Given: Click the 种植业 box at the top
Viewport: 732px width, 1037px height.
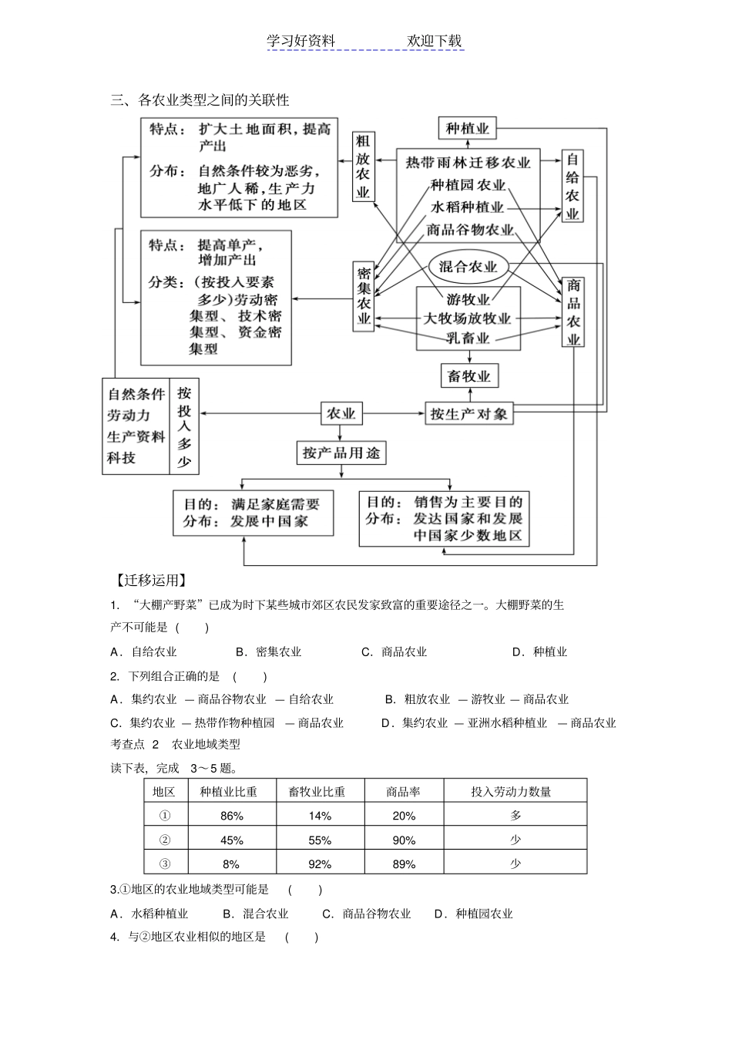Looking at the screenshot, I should click(x=468, y=129).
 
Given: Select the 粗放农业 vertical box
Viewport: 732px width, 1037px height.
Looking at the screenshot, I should click(x=363, y=166).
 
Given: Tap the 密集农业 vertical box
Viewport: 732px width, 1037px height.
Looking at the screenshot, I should click(x=364, y=296).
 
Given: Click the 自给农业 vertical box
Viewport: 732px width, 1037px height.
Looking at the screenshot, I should click(x=573, y=186).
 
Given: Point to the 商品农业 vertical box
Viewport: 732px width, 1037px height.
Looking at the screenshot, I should click(x=573, y=312).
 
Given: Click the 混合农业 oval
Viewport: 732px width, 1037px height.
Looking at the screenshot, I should click(x=468, y=267).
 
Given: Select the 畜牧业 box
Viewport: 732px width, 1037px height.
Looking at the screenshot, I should click(x=468, y=376).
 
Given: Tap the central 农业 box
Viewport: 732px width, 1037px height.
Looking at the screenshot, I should click(x=341, y=414).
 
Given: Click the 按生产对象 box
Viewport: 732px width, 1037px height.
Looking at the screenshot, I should click(x=468, y=414).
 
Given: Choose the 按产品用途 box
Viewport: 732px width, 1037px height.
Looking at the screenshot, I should click(x=341, y=453).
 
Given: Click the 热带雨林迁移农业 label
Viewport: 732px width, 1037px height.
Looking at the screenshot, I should click(x=468, y=163).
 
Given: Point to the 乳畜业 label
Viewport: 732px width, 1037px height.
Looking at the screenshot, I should click(x=468, y=338).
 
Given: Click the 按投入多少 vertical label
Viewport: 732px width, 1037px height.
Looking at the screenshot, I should click(x=184, y=426).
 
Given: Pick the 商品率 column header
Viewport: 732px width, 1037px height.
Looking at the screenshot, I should click(x=403, y=791).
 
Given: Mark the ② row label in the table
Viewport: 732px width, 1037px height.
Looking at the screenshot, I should click(x=164, y=840).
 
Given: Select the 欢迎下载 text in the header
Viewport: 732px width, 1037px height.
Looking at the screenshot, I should click(x=434, y=42).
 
